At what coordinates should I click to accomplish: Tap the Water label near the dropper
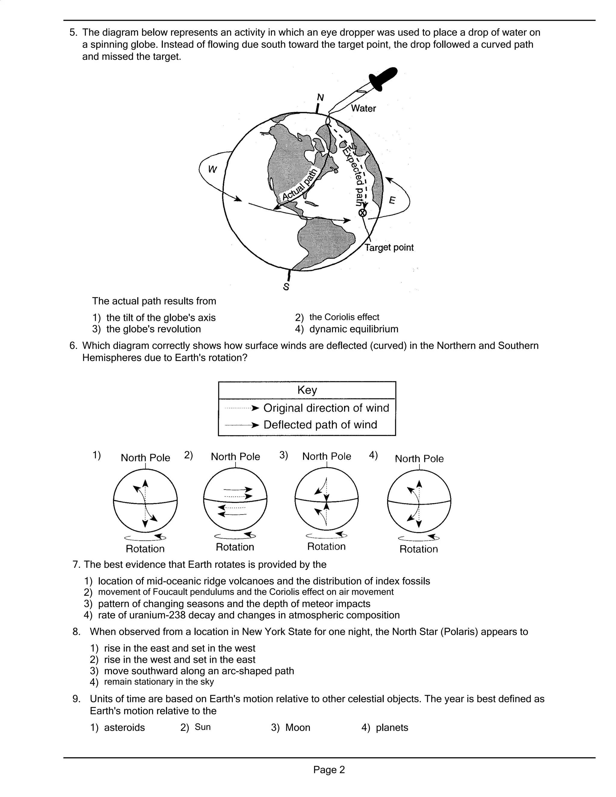click(363, 108)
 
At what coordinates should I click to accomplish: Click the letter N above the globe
click(320, 97)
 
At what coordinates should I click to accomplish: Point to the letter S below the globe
click(286, 287)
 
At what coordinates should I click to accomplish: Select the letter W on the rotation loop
click(212, 169)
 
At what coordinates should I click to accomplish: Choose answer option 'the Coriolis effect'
click(344, 317)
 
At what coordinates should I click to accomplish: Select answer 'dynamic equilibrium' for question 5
click(354, 329)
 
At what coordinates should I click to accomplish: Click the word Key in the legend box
click(307, 390)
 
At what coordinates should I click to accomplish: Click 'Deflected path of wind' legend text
click(320, 425)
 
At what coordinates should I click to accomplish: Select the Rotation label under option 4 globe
click(419, 549)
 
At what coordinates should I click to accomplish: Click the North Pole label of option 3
click(327, 457)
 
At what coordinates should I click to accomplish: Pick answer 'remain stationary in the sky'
click(159, 682)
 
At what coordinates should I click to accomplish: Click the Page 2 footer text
click(329, 770)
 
